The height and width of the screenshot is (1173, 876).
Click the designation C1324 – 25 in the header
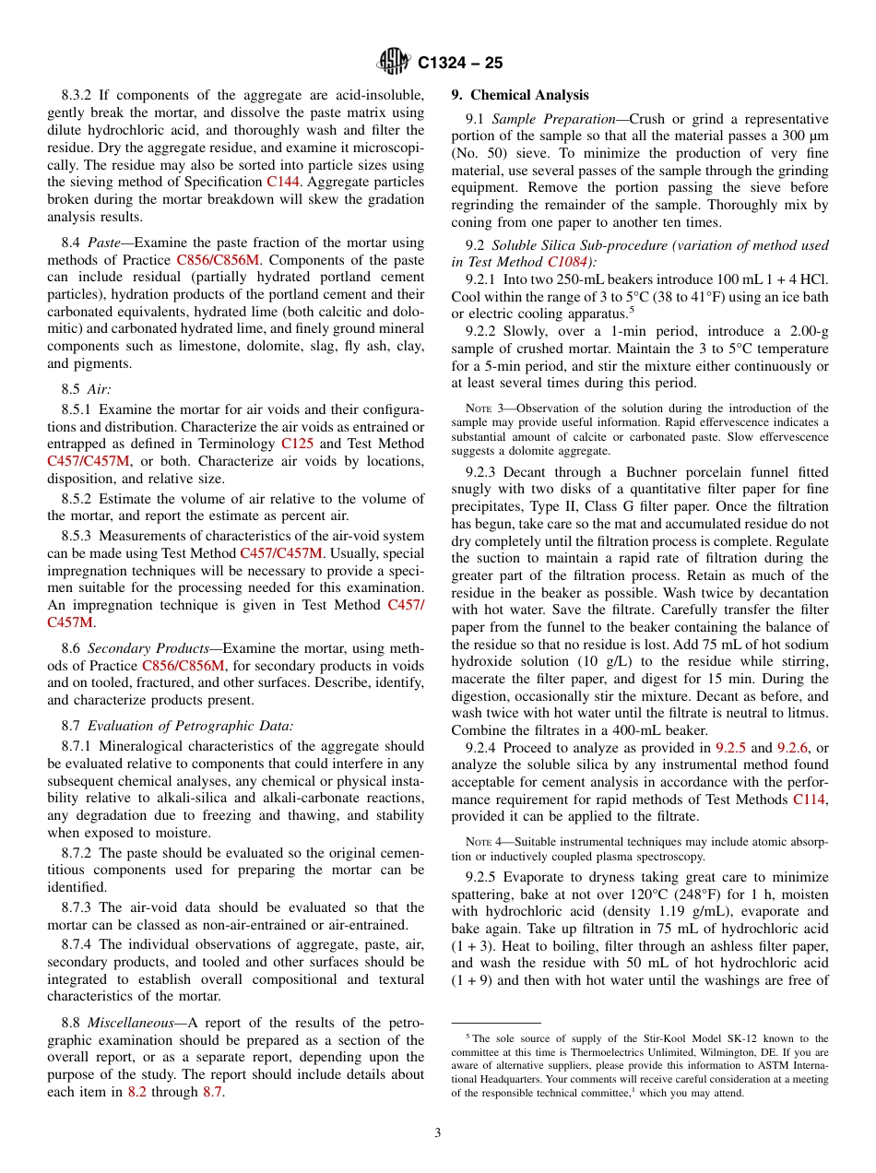coord(459,64)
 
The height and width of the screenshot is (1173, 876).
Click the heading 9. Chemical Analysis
coord(520,95)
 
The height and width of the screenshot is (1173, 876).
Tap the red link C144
coord(282,182)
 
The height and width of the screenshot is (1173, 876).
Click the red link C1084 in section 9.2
coord(566,261)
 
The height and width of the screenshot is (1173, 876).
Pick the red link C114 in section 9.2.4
coord(810,800)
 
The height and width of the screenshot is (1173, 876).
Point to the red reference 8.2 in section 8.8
coord(136,1092)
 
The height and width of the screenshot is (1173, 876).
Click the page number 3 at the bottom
coord(438,1133)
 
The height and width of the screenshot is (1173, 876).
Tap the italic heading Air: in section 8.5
coord(99,390)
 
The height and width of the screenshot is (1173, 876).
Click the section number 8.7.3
coord(80,907)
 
